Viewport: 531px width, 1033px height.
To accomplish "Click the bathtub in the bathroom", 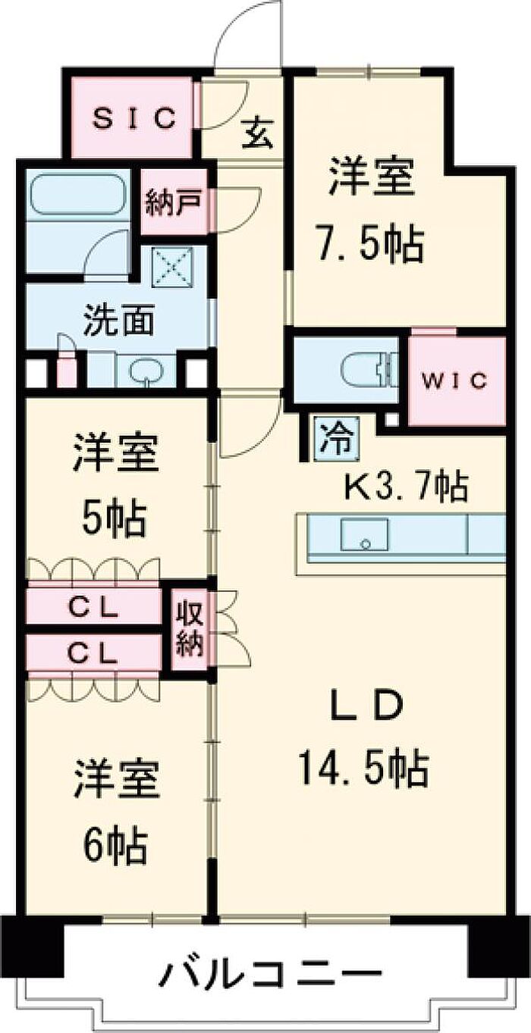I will [x=78, y=196].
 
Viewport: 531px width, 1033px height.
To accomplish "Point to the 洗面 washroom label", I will [x=118, y=321].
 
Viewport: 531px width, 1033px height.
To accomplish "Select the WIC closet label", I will [x=457, y=380].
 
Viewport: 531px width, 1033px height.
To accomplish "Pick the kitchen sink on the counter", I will [x=365, y=535].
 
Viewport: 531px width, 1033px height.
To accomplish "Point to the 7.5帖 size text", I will [x=369, y=243].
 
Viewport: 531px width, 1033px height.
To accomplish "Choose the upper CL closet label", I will [x=95, y=607].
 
